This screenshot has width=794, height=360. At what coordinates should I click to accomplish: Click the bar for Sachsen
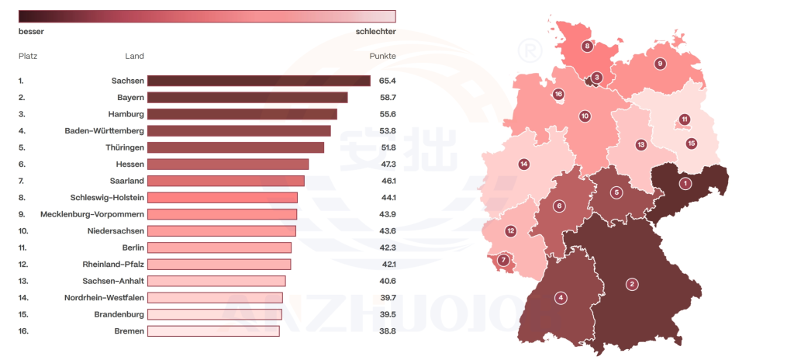coord(258,81)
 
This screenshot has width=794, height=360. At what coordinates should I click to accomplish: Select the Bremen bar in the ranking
coord(213,331)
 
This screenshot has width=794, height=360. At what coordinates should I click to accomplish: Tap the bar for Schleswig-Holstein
coord(222,198)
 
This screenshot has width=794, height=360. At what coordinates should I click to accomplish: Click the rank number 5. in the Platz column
coord(22,147)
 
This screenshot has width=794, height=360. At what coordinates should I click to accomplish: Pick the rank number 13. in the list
coord(23,281)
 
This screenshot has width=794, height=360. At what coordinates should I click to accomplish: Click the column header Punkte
coord(383,57)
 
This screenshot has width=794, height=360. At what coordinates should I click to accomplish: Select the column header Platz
coord(28,57)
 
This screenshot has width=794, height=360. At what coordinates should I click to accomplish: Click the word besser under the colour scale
coord(31,32)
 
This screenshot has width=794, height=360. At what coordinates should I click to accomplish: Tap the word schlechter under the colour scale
coord(375,32)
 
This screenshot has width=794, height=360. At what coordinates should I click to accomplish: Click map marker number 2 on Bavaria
coord(632,284)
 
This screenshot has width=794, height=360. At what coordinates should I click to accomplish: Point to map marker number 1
coord(685,184)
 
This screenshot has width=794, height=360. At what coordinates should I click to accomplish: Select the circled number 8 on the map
coord(587,47)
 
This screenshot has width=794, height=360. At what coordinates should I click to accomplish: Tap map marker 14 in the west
coord(524,164)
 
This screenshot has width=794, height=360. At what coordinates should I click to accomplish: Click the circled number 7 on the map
coord(504,260)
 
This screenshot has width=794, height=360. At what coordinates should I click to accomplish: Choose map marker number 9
coord(660,64)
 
